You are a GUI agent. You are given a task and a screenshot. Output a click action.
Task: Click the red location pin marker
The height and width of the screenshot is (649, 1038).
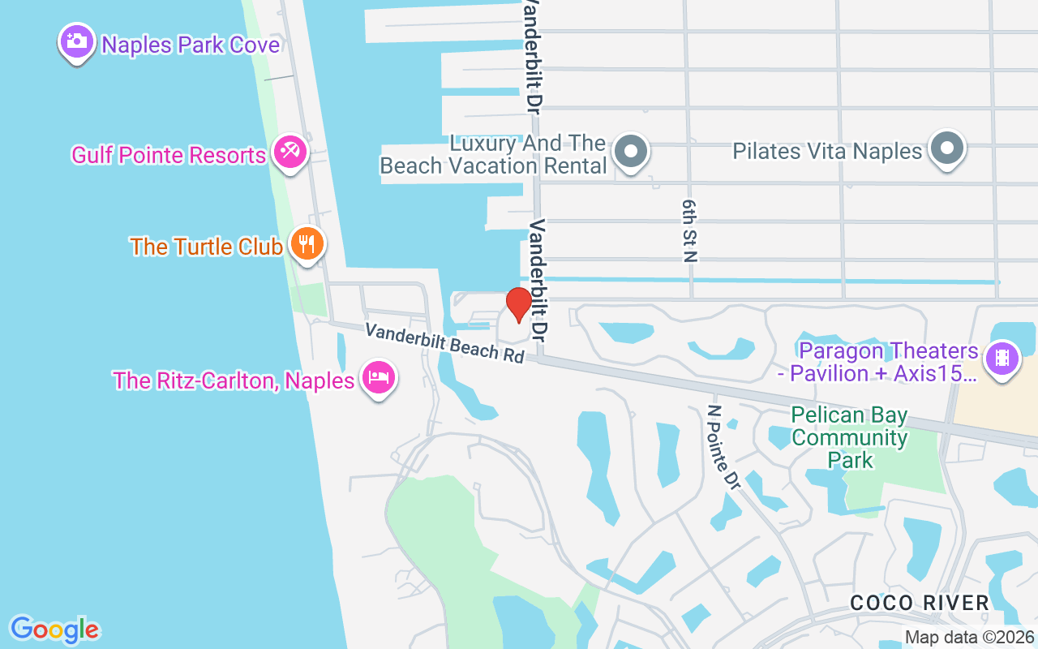click(519, 304)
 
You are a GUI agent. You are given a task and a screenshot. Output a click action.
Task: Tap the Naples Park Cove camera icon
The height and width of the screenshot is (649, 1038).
click(76, 41)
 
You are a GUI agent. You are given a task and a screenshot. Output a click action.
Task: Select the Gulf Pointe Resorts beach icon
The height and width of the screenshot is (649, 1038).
click(290, 151)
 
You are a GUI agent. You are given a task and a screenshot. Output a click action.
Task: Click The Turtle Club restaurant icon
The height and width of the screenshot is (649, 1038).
click(307, 243)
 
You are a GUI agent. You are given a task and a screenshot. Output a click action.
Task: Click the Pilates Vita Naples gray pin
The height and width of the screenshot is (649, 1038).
click(946, 149)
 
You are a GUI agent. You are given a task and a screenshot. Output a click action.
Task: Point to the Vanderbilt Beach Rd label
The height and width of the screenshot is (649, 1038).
click(444, 343)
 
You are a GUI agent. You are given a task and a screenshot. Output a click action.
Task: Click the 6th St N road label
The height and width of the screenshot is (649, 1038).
click(690, 230)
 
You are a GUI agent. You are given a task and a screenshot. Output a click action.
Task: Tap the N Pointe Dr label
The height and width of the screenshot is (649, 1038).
click(724, 448)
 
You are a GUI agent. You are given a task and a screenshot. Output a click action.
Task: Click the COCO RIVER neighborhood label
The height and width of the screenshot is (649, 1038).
click(920, 603)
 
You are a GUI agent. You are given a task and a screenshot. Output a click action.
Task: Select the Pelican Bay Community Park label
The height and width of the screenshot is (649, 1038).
click(849, 438)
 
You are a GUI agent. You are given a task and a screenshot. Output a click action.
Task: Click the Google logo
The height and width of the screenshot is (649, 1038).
click(54, 630)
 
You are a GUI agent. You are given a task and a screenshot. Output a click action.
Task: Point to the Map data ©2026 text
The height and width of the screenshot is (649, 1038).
click(970, 637)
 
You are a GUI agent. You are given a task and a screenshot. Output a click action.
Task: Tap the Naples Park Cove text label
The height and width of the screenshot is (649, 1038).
click(191, 44)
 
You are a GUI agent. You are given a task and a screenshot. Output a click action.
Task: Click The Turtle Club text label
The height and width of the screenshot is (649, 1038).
click(206, 247)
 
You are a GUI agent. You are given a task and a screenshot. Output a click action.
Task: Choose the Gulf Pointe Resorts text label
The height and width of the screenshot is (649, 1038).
click(169, 155)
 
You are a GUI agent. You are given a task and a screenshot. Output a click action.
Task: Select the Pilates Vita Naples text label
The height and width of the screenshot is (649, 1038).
click(827, 151)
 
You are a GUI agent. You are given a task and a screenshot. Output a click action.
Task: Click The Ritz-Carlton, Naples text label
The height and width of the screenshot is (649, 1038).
click(234, 380)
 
